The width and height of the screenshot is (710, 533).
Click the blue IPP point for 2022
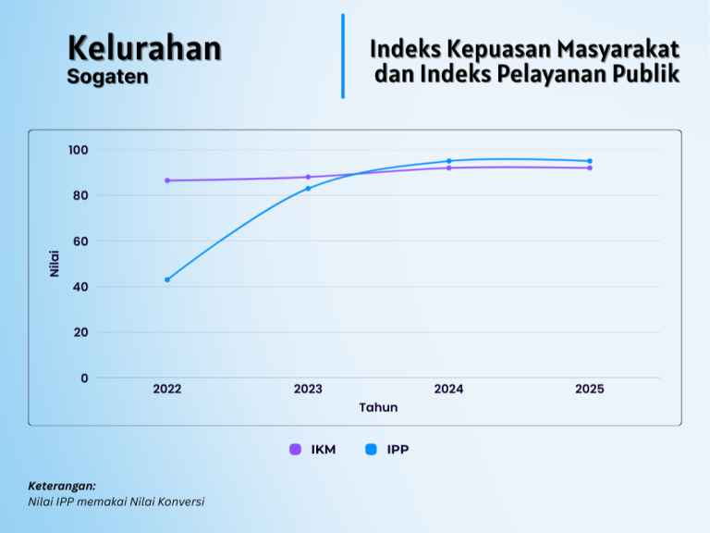[x=167, y=279]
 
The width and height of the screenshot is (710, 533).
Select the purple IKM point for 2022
[x=167, y=180]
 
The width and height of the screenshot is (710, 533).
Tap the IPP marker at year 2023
[x=308, y=188]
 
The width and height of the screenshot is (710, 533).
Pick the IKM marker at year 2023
[x=308, y=177]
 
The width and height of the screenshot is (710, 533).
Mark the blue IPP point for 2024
[x=449, y=161]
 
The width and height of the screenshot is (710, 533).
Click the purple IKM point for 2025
[x=590, y=167]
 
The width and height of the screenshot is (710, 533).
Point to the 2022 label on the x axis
[x=167, y=390]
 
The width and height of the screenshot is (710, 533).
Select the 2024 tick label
[x=449, y=390]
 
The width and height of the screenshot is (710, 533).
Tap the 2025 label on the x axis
[x=590, y=390]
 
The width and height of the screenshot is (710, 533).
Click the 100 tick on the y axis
[x=78, y=150]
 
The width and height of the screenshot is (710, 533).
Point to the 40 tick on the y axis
[x=80, y=287]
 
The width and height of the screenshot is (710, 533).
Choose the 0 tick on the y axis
[x=84, y=378]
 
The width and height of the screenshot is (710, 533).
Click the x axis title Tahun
[x=378, y=407]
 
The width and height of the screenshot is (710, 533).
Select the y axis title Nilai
[x=55, y=263]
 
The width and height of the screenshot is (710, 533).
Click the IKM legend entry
[x=313, y=450]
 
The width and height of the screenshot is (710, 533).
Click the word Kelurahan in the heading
[x=144, y=48]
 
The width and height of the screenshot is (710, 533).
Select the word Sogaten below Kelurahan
[x=107, y=77]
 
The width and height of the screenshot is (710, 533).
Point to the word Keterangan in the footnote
[x=62, y=486]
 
